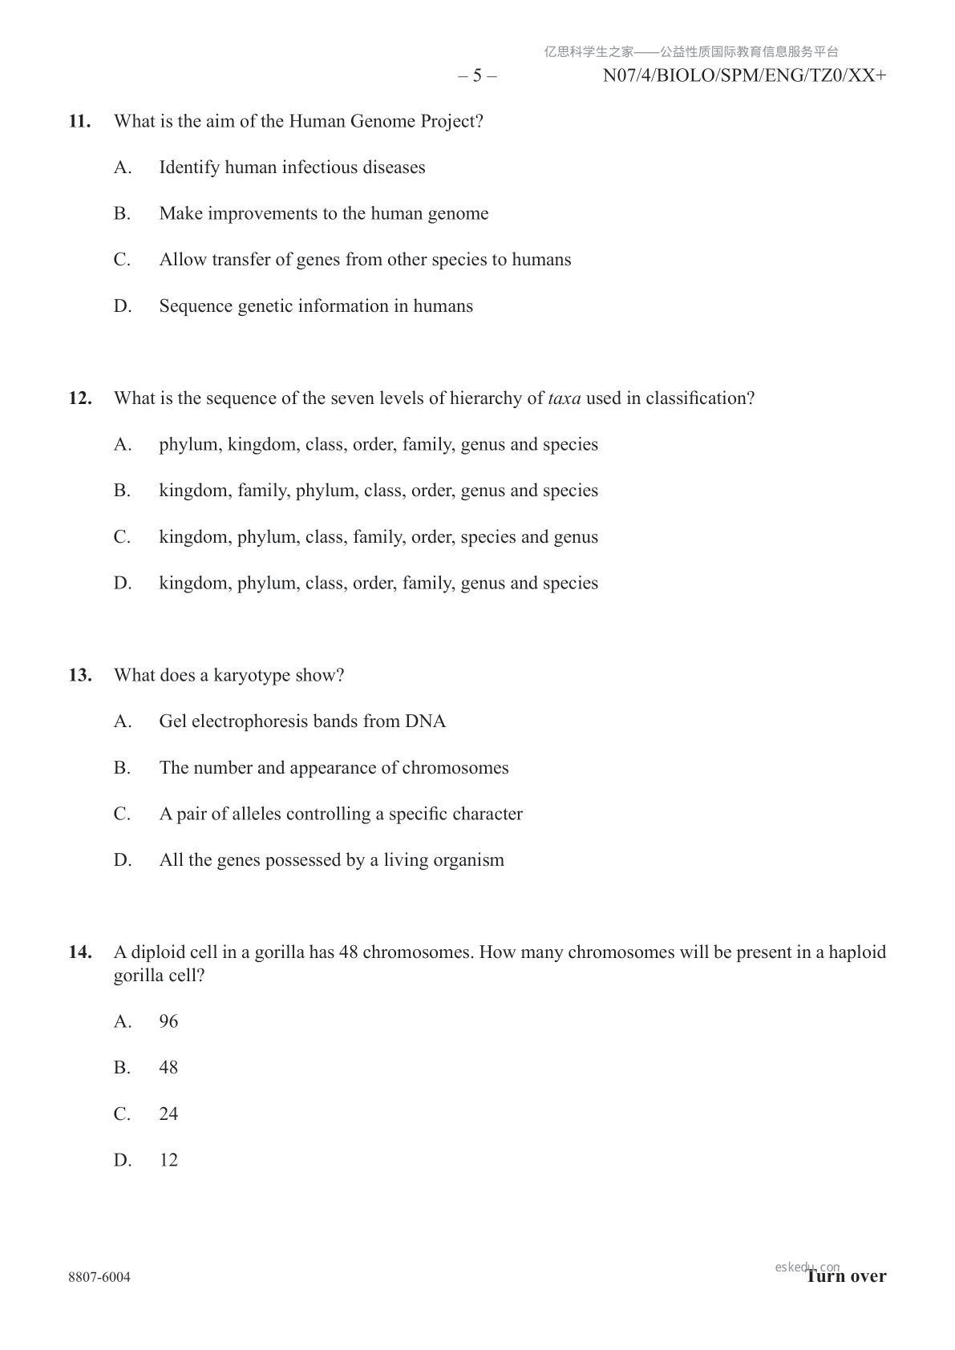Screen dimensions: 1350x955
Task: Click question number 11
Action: click(x=79, y=121)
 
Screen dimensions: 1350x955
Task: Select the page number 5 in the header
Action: click(x=477, y=75)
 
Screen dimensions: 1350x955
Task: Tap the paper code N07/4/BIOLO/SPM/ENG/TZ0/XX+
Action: click(x=744, y=75)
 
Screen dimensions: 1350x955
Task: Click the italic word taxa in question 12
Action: click(x=565, y=398)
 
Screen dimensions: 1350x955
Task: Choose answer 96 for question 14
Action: click(x=168, y=1021)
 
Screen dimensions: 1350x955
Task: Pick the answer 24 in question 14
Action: click(x=168, y=1114)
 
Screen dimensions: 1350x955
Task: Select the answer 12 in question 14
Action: click(x=168, y=1160)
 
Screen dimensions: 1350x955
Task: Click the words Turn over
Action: click(x=846, y=1276)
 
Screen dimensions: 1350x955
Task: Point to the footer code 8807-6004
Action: click(x=99, y=1277)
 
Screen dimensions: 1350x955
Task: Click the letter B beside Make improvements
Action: click(x=122, y=213)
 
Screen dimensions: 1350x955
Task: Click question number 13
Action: click(x=79, y=675)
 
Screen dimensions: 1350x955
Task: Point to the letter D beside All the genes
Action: click(x=122, y=860)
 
